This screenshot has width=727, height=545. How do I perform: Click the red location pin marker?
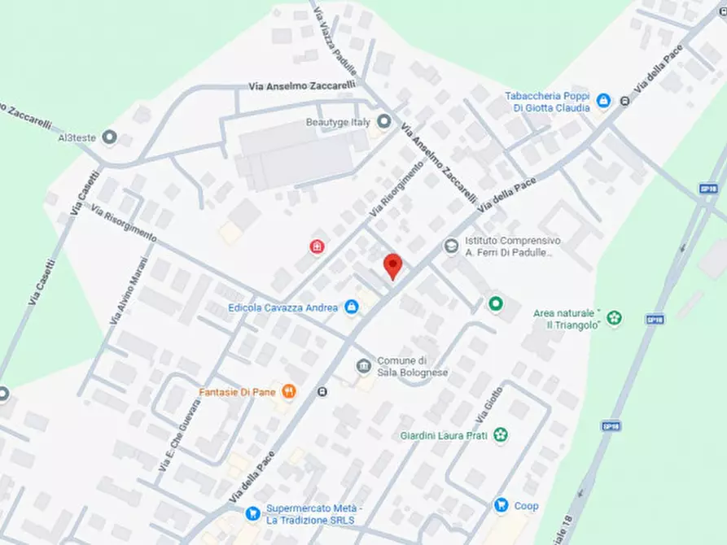click(x=393, y=266)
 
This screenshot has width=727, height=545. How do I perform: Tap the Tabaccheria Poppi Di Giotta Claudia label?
click(x=545, y=101)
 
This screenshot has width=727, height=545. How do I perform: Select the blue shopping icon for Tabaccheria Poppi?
click(x=603, y=101)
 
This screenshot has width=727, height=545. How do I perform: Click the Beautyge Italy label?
click(x=337, y=122)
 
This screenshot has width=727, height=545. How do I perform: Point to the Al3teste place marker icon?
click(x=110, y=137)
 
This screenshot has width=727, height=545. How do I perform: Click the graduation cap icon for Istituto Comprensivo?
click(x=450, y=245)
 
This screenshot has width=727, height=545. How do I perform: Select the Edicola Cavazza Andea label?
click(x=282, y=307)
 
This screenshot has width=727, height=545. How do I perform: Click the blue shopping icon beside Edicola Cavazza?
click(x=352, y=307)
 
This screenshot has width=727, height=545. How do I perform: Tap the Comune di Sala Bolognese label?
click(x=412, y=367)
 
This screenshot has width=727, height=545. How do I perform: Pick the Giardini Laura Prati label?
click(x=443, y=436)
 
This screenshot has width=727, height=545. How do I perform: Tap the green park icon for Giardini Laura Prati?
click(x=501, y=435)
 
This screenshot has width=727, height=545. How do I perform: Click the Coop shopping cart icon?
click(x=501, y=506)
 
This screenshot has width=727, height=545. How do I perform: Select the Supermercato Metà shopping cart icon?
click(x=253, y=513)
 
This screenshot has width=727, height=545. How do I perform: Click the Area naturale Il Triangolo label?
click(x=567, y=319)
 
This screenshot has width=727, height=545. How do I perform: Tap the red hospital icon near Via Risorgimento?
click(x=316, y=246)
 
